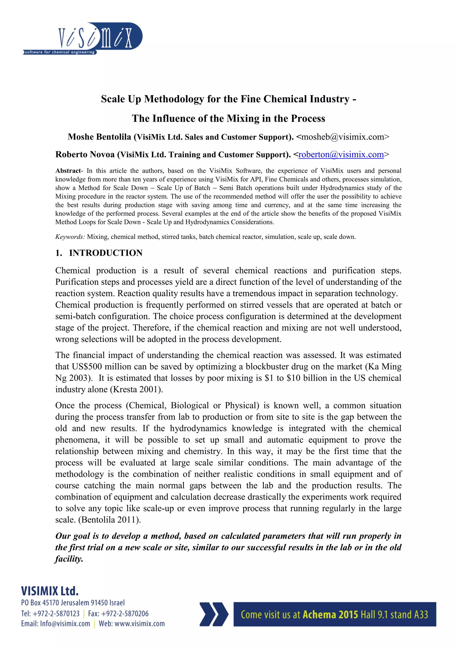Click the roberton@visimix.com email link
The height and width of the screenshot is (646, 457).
coord(341,154)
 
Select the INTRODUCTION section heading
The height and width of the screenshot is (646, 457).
coord(106,253)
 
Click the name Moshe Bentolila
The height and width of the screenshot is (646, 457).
coord(99,137)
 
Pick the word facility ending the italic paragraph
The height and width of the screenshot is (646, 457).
coord(69,559)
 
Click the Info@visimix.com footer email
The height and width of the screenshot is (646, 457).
coord(65,624)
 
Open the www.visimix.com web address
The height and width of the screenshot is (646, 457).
coord(139,624)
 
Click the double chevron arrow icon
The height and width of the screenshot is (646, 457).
coord(214,614)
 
